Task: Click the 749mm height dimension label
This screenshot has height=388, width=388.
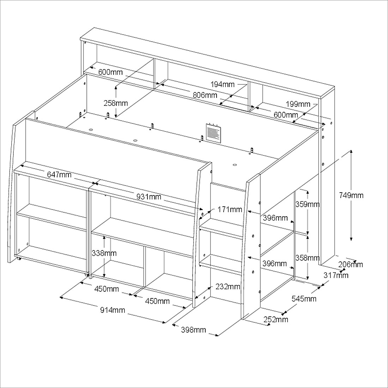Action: [x=351, y=195]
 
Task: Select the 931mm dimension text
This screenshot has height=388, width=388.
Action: [x=149, y=197]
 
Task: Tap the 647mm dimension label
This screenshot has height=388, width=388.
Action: [x=59, y=175]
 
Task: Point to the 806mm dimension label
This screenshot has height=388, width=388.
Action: [x=205, y=95]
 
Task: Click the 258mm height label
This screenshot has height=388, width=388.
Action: [x=116, y=103]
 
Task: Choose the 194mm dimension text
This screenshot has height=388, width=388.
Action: [x=223, y=84]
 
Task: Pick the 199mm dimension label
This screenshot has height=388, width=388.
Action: [x=298, y=104]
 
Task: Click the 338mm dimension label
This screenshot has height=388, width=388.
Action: [x=104, y=253]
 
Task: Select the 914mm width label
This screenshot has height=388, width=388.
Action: [x=113, y=310]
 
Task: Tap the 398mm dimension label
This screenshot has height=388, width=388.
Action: [x=194, y=330]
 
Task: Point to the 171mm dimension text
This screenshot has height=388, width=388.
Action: [x=230, y=210]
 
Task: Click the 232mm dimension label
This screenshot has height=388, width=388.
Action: [x=228, y=286]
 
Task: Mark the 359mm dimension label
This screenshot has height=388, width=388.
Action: [x=307, y=204]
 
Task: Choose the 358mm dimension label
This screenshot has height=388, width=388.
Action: [x=307, y=258]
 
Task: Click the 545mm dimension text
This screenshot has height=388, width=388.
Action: [x=304, y=299]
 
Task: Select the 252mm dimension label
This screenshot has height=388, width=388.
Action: [x=276, y=320]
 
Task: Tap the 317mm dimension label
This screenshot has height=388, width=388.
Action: [x=336, y=275]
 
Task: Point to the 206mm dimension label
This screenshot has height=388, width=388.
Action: [x=351, y=265]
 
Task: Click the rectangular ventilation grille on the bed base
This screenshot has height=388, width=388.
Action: [x=214, y=133]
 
